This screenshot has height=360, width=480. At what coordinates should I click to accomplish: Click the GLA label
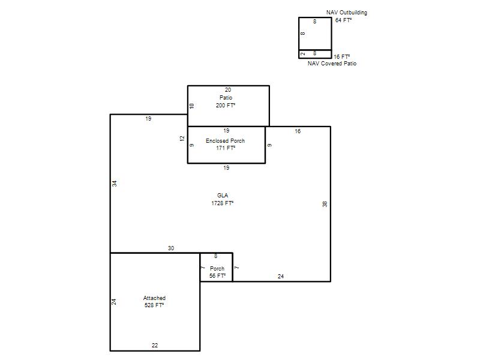[x=223, y=196]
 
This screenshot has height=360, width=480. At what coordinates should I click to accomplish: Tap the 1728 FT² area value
[x=223, y=203]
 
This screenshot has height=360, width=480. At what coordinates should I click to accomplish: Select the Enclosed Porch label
[x=226, y=141]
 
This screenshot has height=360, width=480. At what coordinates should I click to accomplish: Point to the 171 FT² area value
[x=226, y=148]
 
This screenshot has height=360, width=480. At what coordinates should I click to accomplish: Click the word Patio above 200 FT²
[x=226, y=98]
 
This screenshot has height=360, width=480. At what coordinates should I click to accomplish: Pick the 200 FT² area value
[x=226, y=106]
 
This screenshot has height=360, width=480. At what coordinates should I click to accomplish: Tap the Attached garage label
[x=154, y=298]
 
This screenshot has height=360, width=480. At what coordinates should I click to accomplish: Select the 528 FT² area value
[x=154, y=305]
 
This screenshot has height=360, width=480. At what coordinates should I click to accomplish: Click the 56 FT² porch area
[x=217, y=276]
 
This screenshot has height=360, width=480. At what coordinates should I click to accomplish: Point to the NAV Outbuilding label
[x=347, y=13]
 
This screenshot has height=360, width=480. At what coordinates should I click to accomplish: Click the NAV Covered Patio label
[x=332, y=64]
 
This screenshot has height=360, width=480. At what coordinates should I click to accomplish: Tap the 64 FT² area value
[x=343, y=20]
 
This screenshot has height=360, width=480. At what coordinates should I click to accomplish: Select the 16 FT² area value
[x=342, y=57]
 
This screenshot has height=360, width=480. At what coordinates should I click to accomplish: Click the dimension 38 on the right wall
[x=325, y=204]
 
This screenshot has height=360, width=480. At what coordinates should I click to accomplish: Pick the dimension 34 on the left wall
[x=114, y=184]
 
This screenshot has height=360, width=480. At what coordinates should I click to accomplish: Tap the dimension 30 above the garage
[x=171, y=248]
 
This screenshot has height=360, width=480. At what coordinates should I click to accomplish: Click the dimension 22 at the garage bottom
[x=155, y=346]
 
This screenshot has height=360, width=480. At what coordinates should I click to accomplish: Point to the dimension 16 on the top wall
[x=298, y=131]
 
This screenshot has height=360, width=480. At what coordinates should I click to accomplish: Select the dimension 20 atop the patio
[x=228, y=90]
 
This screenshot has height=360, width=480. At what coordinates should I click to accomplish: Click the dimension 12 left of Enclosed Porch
[x=182, y=139]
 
